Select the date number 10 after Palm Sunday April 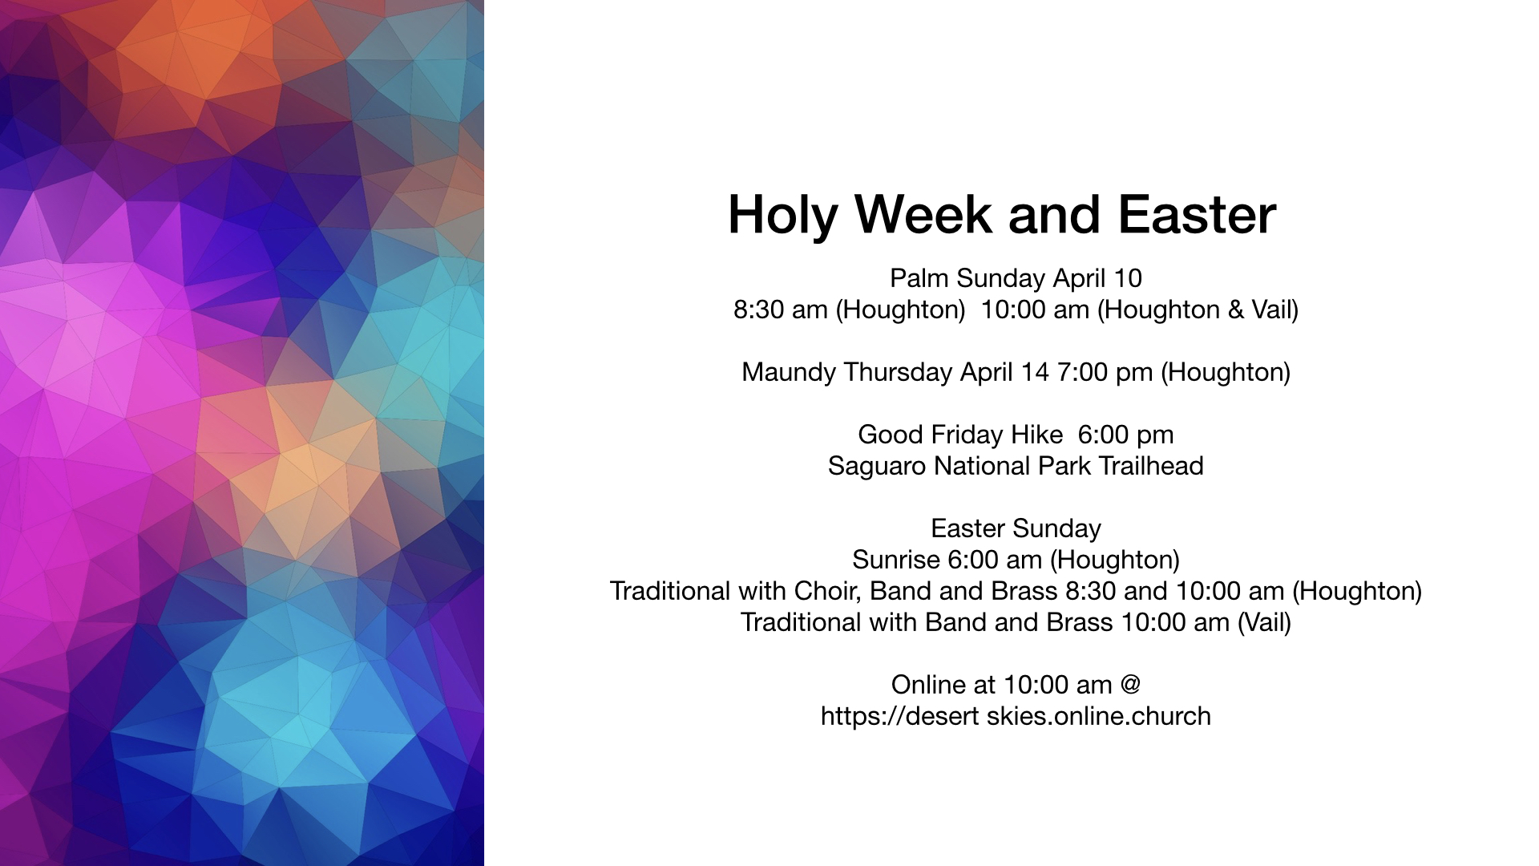1126,278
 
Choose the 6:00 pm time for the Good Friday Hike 1125,435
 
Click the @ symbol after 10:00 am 1130,685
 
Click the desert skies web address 1016,716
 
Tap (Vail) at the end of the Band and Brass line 1264,623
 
